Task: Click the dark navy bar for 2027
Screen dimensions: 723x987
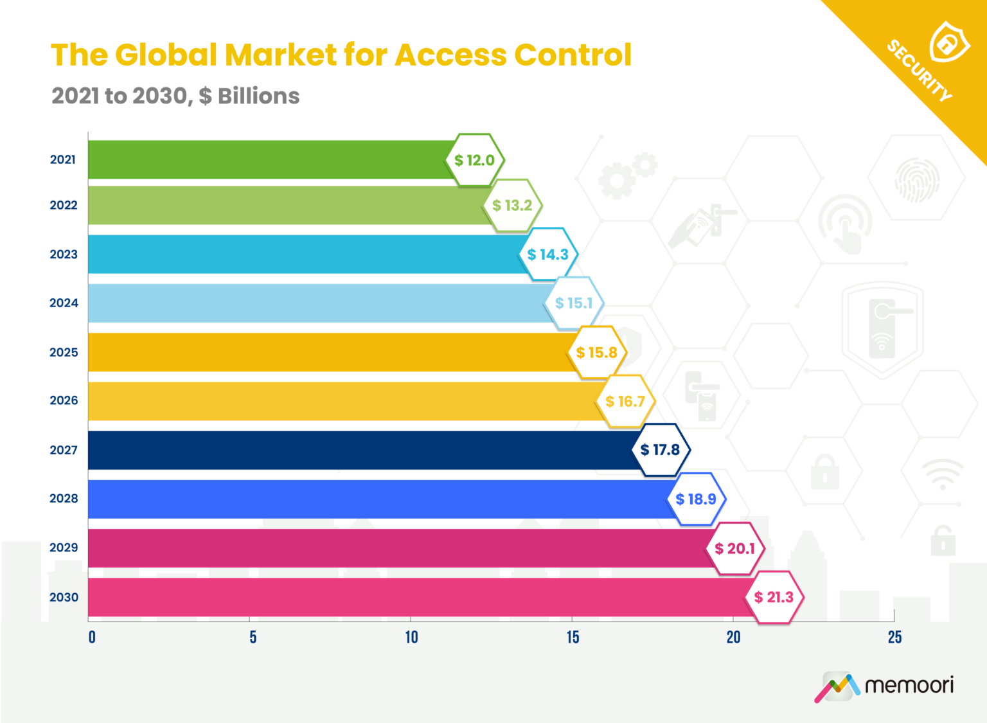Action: (x=360, y=450)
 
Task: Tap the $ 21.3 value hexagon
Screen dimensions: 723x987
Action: (x=774, y=597)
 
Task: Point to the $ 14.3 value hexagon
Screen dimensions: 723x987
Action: (x=548, y=254)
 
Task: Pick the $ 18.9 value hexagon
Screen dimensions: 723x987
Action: (x=696, y=499)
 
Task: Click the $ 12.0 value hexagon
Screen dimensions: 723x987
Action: (x=475, y=160)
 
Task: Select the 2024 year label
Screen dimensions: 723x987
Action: (x=64, y=303)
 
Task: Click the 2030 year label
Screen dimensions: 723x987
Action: (x=64, y=597)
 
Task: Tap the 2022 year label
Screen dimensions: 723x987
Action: (x=64, y=205)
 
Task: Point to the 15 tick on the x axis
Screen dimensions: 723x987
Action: (x=573, y=637)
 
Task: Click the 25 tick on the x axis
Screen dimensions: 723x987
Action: (x=894, y=637)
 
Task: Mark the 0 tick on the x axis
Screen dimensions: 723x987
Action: (x=92, y=637)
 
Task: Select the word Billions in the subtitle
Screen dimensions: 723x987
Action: (x=258, y=96)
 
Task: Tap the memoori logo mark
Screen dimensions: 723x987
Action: (x=837, y=686)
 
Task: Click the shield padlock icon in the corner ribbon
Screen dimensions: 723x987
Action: (x=948, y=42)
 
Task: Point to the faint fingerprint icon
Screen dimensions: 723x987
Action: (x=917, y=180)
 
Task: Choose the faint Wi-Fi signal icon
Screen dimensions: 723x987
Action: (x=943, y=474)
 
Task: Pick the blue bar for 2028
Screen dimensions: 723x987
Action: (x=379, y=499)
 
